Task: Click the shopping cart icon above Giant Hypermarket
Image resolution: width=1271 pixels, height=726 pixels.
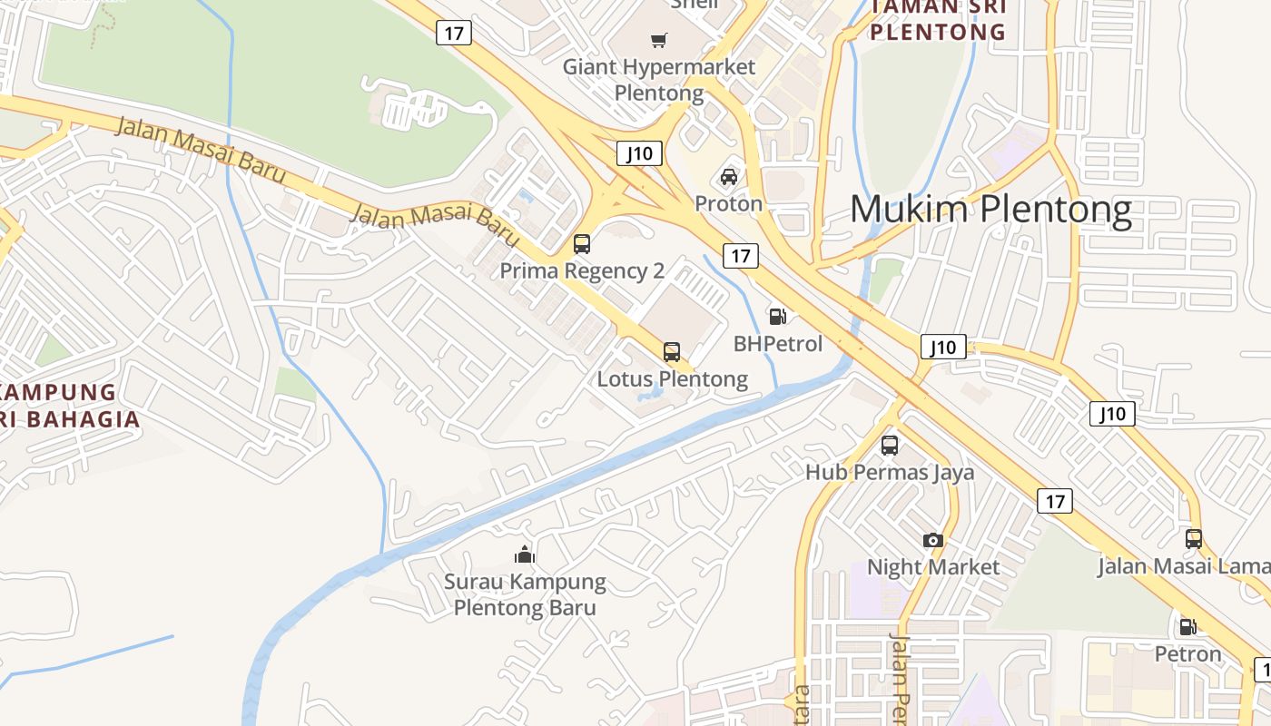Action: (x=659, y=40)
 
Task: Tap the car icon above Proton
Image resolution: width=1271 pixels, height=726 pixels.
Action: (x=729, y=176)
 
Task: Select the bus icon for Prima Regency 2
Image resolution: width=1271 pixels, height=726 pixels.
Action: (x=582, y=244)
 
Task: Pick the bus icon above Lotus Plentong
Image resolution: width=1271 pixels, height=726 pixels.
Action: (x=672, y=352)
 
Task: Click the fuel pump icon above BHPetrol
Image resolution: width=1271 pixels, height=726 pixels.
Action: (x=777, y=317)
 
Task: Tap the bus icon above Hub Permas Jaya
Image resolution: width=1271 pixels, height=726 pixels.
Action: (x=890, y=446)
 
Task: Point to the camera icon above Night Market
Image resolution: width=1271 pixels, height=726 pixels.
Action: (x=932, y=541)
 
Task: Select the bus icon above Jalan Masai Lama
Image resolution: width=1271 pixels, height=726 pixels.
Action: (x=1194, y=539)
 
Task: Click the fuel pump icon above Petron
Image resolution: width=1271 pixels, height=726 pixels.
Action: (x=1187, y=626)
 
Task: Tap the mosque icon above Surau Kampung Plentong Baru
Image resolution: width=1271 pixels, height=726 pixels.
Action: (x=525, y=554)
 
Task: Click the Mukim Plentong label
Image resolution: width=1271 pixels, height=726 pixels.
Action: (x=990, y=211)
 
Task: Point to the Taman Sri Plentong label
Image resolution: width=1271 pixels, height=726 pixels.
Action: (x=939, y=20)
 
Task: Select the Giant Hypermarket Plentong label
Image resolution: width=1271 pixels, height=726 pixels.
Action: (x=659, y=80)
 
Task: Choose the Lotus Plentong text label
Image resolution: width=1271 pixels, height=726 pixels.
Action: (x=673, y=379)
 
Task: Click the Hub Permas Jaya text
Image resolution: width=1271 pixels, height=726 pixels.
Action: (x=890, y=473)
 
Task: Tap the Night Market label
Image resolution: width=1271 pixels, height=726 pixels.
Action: (x=933, y=567)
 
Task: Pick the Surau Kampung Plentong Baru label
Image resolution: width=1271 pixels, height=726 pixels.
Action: (x=525, y=594)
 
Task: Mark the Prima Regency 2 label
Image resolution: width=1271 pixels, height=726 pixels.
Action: (x=582, y=271)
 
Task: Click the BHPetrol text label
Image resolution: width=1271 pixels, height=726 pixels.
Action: (x=778, y=344)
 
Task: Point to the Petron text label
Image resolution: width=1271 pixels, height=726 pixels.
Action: (x=1187, y=653)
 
